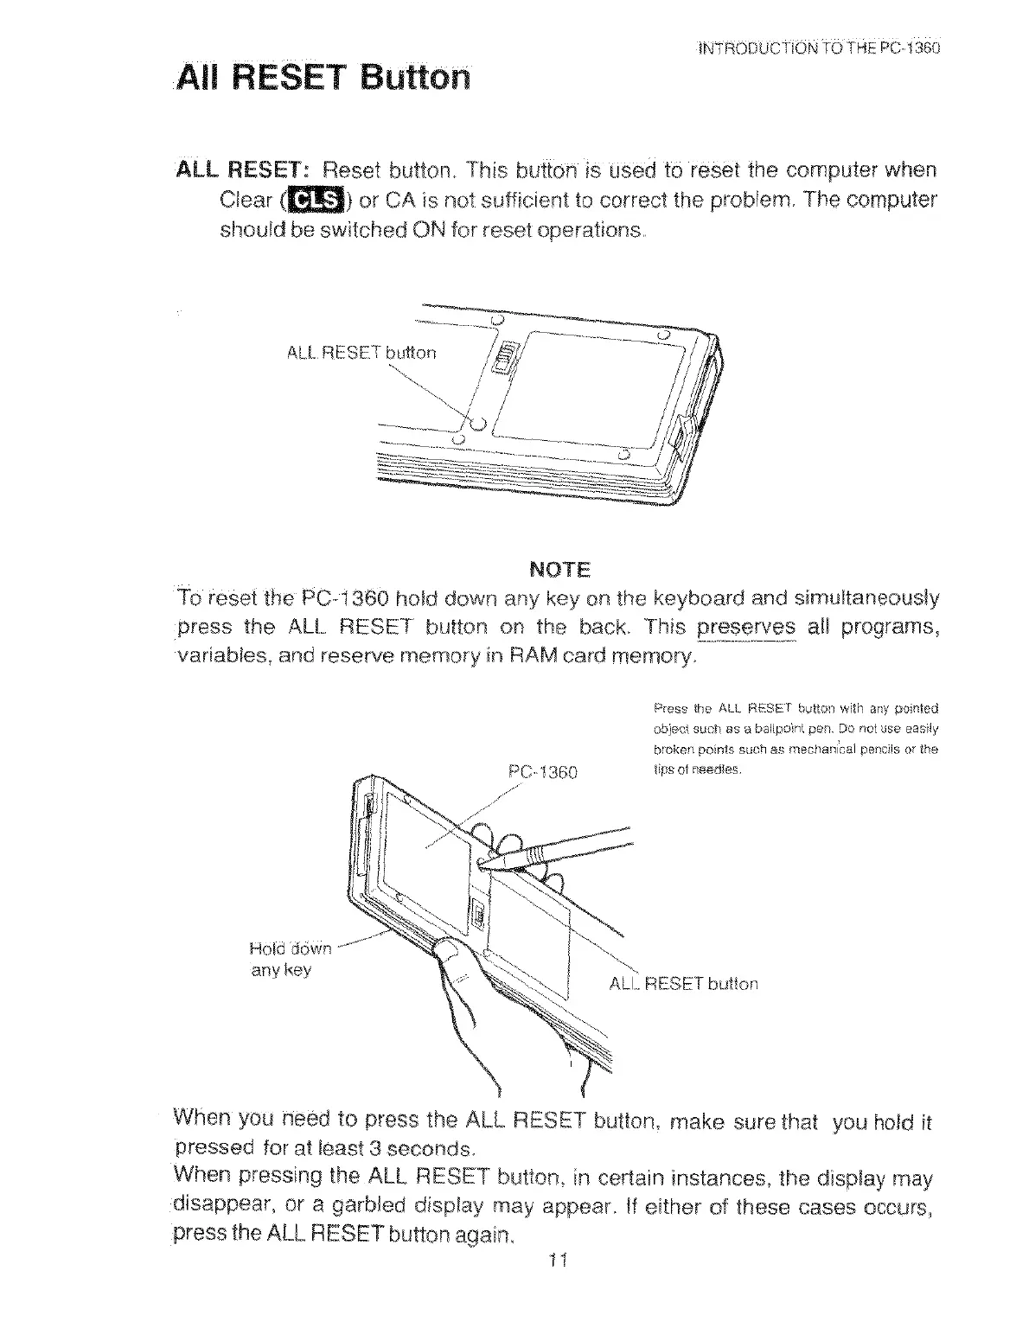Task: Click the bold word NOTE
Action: tap(559, 570)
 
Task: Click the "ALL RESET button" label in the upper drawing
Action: tap(361, 352)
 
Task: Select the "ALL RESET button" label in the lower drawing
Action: tap(684, 983)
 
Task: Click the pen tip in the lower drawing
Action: tap(484, 861)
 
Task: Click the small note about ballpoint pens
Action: tap(795, 726)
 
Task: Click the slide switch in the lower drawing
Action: tap(476, 914)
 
